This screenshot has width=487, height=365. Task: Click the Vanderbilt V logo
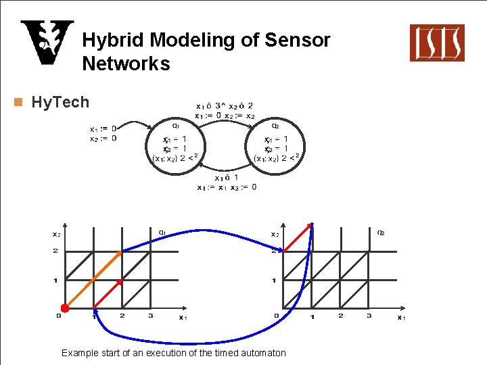[46, 43]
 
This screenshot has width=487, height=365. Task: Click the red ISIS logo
[437, 43]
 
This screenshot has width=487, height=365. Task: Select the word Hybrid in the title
[113, 41]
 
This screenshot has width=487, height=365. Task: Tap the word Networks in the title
[126, 64]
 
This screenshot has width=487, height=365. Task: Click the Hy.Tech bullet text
[60, 102]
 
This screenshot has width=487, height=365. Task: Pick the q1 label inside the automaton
[175, 124]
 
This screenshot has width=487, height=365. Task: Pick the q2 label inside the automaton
[275, 124]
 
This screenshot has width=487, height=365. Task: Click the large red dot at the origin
[65, 308]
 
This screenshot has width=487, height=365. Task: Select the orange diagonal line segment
[93, 280]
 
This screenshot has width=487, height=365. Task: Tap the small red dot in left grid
[120, 281]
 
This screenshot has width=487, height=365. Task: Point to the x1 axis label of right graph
[401, 317]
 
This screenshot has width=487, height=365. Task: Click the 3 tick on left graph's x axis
[150, 316]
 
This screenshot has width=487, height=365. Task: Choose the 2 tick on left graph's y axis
[55, 251]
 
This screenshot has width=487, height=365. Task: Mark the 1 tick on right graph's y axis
[273, 281]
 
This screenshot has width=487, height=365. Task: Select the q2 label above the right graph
[381, 233]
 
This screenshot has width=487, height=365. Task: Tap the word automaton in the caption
[264, 353]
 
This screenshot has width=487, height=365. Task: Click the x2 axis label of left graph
[56, 235]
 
